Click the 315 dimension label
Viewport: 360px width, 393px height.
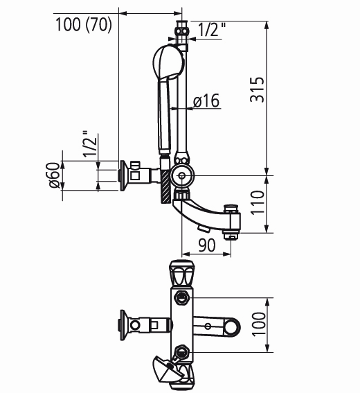[258, 89]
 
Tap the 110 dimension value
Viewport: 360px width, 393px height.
[258, 202]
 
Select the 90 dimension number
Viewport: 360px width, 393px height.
[207, 245]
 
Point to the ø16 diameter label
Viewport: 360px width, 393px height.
[206, 101]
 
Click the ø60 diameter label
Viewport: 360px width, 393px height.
[54, 175]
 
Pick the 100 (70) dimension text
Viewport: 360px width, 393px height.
[83, 24]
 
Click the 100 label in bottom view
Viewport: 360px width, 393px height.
[258, 324]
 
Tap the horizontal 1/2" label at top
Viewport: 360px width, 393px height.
[212, 30]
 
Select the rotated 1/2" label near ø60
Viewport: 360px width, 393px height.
[89, 144]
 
